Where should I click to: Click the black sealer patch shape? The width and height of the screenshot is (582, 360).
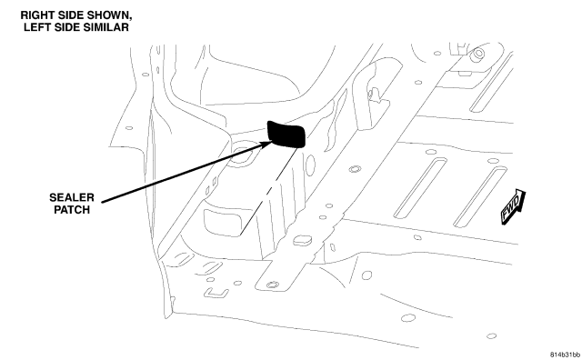tap(286, 134)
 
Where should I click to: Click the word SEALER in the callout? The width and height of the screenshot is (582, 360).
tap(72, 197)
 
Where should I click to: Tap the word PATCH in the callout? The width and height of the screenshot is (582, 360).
tap(72, 210)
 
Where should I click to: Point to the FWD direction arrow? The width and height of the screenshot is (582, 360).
tap(513, 206)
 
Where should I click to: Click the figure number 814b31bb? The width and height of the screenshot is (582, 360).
tap(565, 354)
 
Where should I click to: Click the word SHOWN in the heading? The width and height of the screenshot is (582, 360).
tap(109, 15)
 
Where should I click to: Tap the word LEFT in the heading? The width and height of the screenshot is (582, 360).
tap(36, 27)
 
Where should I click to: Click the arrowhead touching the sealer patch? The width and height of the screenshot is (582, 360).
tap(268, 144)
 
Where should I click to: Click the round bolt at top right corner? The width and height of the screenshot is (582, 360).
tap(477, 54)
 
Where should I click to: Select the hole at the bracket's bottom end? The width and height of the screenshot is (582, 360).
tap(273, 285)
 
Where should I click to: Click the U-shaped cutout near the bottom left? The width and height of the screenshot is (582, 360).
tap(216, 294)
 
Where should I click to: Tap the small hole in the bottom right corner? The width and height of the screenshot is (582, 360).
tap(491, 336)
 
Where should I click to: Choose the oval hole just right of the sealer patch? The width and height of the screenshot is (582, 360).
tap(310, 165)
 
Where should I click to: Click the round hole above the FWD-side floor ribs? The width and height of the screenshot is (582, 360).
tap(431, 152)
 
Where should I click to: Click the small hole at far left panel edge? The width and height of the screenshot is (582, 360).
tap(129, 128)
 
